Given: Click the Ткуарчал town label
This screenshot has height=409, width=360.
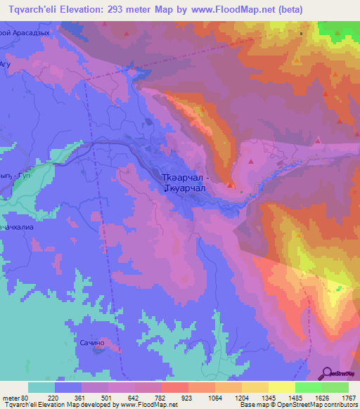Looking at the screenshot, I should pos(187,188).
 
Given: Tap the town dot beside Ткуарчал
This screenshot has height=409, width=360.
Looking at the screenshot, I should pos(165,188).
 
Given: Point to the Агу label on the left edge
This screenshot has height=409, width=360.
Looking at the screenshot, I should pos(6,63).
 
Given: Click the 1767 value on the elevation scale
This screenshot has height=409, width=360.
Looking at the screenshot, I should pos(348,398).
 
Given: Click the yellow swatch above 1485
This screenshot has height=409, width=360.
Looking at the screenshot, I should pos(281,387).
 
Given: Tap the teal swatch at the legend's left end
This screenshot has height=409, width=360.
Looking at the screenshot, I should pos(41,387).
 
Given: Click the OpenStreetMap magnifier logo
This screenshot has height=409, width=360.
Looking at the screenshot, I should pos(328,372).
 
